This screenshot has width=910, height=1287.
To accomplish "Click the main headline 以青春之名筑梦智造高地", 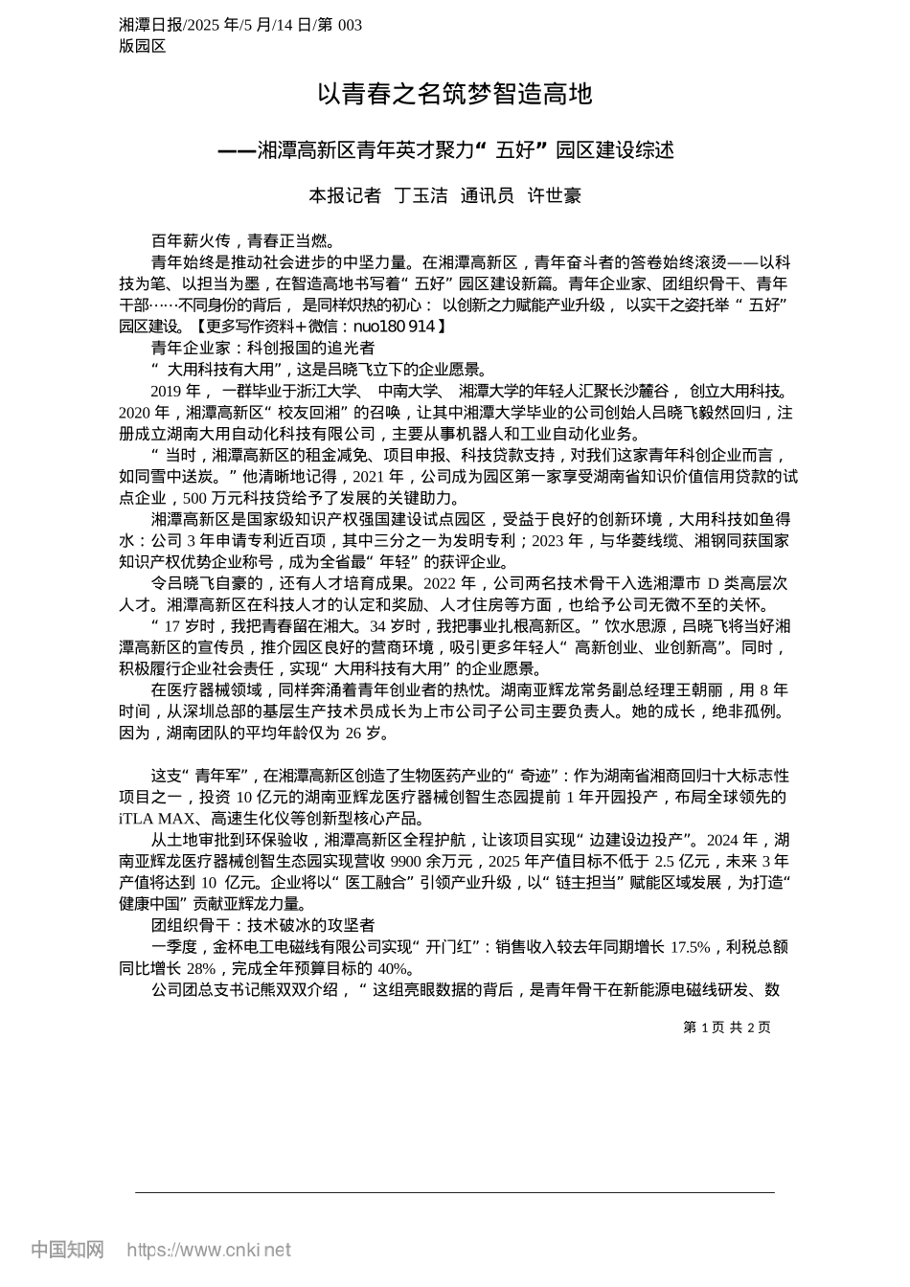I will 455,95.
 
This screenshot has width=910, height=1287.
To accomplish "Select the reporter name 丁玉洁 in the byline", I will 421,196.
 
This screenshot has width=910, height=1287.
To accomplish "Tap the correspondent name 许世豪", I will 555,196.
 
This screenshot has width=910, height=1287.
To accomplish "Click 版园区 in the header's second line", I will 143,45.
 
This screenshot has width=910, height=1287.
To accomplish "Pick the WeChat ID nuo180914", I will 395,327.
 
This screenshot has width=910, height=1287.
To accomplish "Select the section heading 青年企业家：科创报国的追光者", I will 262,348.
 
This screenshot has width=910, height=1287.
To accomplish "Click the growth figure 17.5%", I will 690,947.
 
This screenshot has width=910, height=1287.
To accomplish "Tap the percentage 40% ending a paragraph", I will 392,968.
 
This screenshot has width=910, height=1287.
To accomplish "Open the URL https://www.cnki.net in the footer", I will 209,1250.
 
